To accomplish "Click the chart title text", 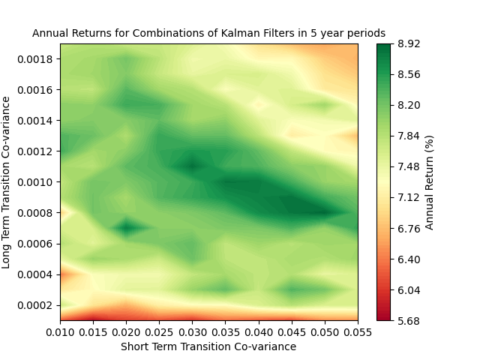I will (208, 34).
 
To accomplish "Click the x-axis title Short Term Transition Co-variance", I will (208, 346).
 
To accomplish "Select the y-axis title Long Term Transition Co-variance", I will (7, 181).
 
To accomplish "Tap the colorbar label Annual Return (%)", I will (430, 182).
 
